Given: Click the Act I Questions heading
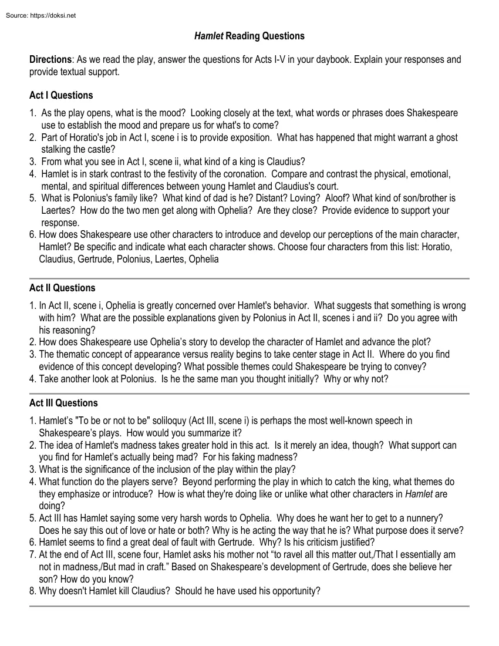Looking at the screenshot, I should click(x=61, y=95).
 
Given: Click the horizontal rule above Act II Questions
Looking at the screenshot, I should click(x=249, y=278).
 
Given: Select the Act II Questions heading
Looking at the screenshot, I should click(x=62, y=288).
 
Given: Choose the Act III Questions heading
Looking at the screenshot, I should click(x=63, y=403).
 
